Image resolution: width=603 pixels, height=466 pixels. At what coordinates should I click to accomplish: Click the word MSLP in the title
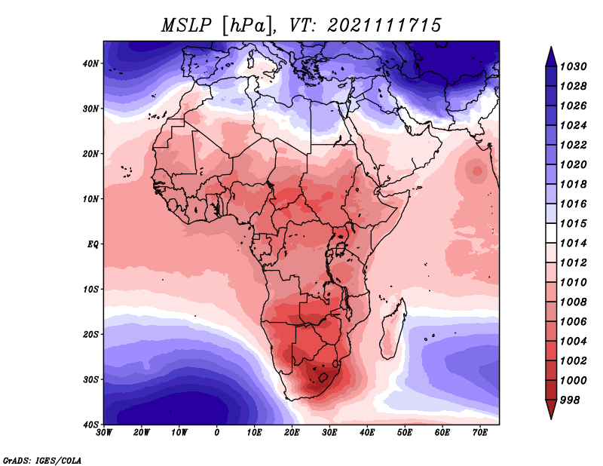186,26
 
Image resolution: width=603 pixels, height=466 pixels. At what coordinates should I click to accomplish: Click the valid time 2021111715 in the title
384,26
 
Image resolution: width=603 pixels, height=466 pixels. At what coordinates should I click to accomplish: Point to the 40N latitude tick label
90,63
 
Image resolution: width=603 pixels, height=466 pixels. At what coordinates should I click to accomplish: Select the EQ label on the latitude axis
93,244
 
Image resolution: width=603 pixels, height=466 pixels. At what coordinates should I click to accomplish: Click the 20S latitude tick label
90,334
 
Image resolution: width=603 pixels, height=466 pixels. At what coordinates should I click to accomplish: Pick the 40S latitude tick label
90,425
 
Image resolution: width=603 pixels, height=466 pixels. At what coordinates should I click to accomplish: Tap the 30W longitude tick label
104,433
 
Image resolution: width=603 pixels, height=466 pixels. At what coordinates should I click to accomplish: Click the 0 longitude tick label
217,433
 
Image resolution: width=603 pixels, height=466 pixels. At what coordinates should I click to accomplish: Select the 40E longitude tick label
367,433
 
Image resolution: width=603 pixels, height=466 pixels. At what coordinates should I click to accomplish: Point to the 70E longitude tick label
480,433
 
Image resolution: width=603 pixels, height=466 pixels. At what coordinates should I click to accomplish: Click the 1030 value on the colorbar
574,66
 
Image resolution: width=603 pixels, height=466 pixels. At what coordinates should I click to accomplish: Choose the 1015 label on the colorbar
574,223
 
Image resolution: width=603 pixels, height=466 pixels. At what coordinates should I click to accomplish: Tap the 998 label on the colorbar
570,400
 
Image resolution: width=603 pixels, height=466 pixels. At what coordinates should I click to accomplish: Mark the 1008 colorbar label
574,302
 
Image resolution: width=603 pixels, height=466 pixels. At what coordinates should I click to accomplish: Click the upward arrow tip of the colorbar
551,47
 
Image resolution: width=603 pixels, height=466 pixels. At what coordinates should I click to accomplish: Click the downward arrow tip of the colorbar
551,418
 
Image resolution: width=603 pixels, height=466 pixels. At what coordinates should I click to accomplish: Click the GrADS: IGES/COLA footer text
42,460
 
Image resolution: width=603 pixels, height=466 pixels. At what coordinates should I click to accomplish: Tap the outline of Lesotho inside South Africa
323,377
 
